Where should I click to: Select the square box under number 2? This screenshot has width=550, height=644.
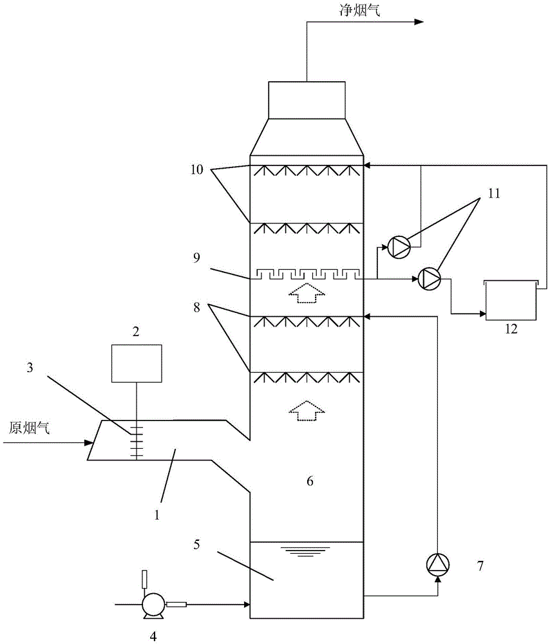tap(137, 363)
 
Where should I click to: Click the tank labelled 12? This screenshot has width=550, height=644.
tap(511, 299)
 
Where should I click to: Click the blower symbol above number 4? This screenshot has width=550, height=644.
tap(153, 604)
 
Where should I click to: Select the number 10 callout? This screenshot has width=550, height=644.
tap(196, 170)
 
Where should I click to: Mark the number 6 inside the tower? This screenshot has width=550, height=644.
tap(310, 481)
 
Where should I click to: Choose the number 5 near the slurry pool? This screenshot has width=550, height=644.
tap(196, 545)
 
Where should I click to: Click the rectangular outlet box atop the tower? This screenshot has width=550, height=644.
tap(307, 100)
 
